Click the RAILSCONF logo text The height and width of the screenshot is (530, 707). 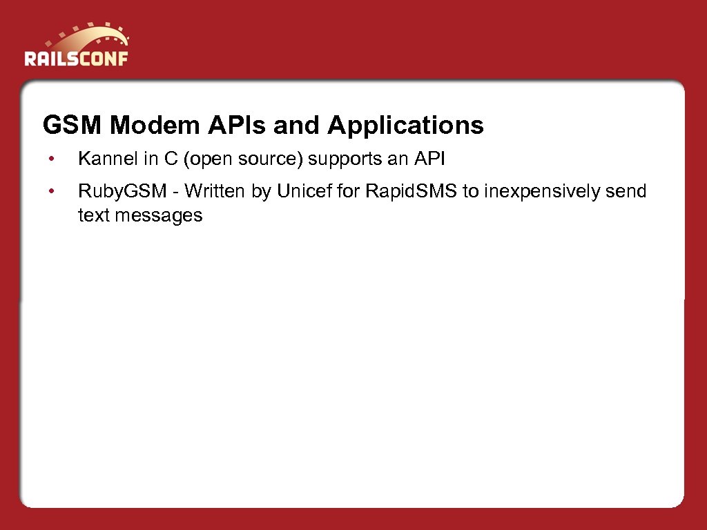pyautogui.click(x=76, y=58)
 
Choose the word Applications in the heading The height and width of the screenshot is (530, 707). pyautogui.click(x=405, y=126)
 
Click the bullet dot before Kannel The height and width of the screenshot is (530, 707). pyautogui.click(x=50, y=160)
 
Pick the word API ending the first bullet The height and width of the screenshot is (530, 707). pyautogui.click(x=429, y=159)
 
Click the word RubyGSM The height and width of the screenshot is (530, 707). pyautogui.click(x=122, y=191)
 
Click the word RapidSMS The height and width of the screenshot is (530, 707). pyautogui.click(x=411, y=191)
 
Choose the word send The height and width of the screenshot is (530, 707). pyautogui.click(x=626, y=191)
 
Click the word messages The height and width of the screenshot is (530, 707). pyautogui.click(x=159, y=216)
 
